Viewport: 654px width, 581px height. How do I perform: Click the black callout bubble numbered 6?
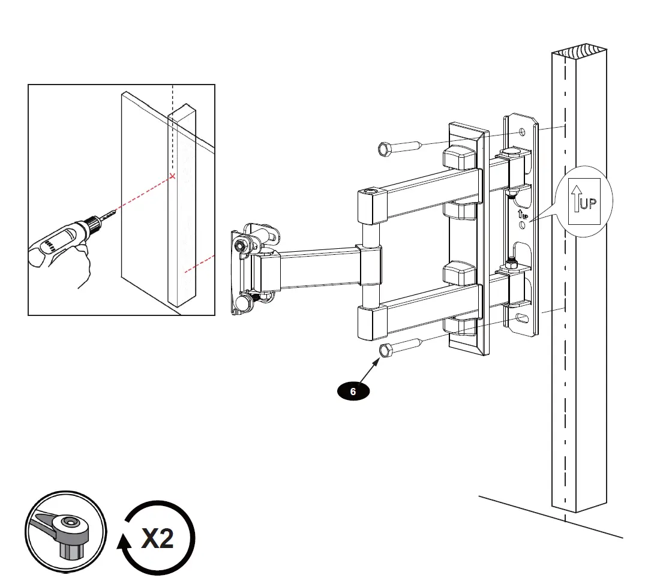(353, 392)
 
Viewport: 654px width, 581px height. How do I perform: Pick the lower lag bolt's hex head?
(385, 350)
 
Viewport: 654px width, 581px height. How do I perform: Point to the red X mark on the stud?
(173, 176)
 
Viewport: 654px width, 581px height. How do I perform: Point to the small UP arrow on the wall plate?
(520, 213)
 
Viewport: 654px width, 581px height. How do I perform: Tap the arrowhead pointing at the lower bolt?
(379, 361)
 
